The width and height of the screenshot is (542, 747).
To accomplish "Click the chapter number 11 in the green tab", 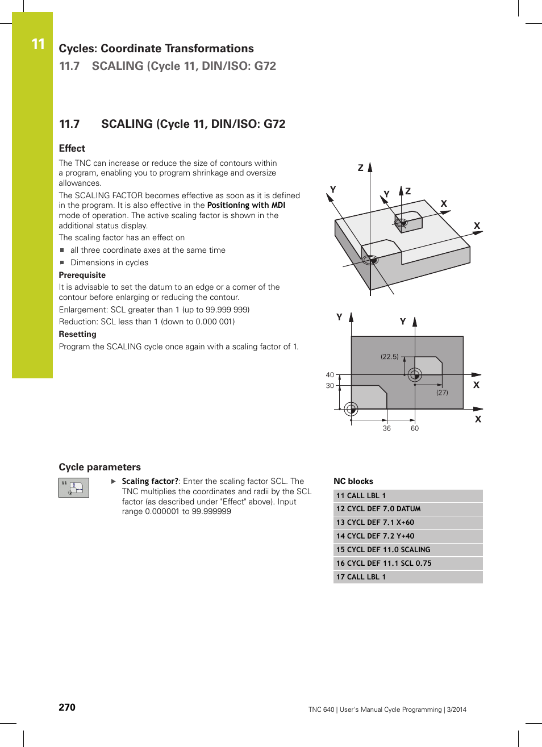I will (37, 44).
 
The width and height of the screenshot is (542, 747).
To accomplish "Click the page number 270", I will (67, 707).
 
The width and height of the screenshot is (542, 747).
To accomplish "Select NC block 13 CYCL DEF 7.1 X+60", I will (375, 523).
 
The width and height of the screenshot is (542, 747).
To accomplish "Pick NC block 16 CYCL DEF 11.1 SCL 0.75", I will (383, 564).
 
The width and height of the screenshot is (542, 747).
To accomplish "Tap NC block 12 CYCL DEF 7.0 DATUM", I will (378, 509).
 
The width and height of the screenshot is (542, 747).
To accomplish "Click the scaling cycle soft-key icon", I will (74, 487).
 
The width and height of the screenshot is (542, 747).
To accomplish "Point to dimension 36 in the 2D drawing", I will (386, 428).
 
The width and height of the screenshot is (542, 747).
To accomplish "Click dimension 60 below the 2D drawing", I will (415, 428).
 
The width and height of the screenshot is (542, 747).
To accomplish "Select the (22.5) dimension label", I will (390, 357).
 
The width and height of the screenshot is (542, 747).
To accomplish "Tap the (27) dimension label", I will (442, 393).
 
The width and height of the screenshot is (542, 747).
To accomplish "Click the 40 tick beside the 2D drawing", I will (330, 375).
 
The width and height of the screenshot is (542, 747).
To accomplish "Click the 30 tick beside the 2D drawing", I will (330, 386).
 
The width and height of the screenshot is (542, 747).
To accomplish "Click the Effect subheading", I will (72, 148).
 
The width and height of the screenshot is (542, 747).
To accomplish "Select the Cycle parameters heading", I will (100, 467).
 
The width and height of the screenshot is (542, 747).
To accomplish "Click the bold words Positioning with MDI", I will (246, 205).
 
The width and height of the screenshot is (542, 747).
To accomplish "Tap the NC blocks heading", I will (353, 481).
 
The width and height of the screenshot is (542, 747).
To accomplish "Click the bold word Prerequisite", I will (82, 275).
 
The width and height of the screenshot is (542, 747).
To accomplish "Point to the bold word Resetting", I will (78, 334).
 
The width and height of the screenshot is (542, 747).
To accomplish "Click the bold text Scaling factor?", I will (150, 481).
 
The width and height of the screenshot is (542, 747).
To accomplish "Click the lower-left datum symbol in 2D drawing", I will (351, 408).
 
